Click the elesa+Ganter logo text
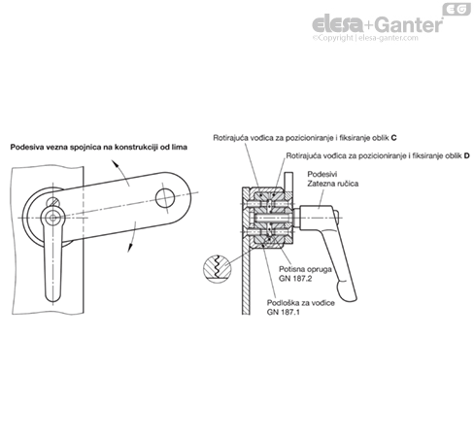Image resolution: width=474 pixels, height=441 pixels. click(x=377, y=24)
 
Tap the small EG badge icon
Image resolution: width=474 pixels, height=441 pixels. click(x=457, y=9)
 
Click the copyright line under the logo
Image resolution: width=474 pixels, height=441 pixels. click(x=365, y=38)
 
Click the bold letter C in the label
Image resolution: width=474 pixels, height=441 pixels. click(x=393, y=138)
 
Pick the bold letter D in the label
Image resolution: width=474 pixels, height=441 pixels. click(x=466, y=155)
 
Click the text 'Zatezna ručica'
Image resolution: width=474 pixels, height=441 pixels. click(x=333, y=184)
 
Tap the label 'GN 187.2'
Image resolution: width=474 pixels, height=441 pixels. click(x=295, y=279)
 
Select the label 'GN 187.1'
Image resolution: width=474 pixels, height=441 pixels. click(x=284, y=312)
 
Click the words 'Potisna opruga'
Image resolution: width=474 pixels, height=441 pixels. click(x=305, y=269)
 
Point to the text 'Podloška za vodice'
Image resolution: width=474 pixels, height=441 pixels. click(x=301, y=303)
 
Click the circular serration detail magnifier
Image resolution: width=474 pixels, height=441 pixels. click(x=217, y=266)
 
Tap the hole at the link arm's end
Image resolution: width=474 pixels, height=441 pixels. click(x=165, y=198)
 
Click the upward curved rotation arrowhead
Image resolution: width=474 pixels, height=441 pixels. click(x=114, y=162)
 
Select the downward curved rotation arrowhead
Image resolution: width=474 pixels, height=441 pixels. click(x=130, y=248)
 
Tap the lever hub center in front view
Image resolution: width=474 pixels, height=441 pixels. click(x=52, y=218)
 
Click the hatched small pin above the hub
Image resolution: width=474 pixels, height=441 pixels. click(x=53, y=202)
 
